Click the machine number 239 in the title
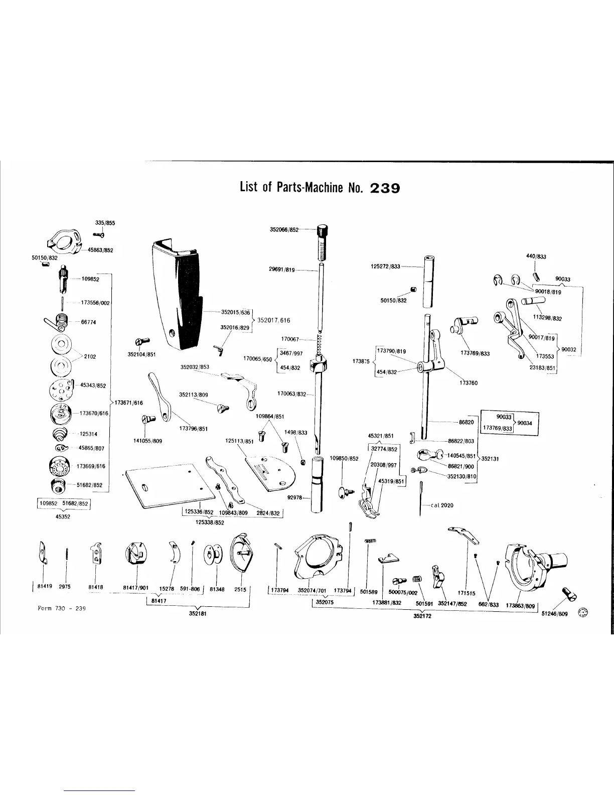click(x=384, y=188)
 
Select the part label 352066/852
click(x=284, y=229)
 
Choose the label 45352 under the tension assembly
click(x=63, y=516)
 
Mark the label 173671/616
click(x=129, y=403)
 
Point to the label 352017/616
click(x=273, y=320)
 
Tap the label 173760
click(x=469, y=383)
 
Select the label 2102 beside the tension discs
click(x=90, y=356)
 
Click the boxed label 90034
click(x=525, y=423)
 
